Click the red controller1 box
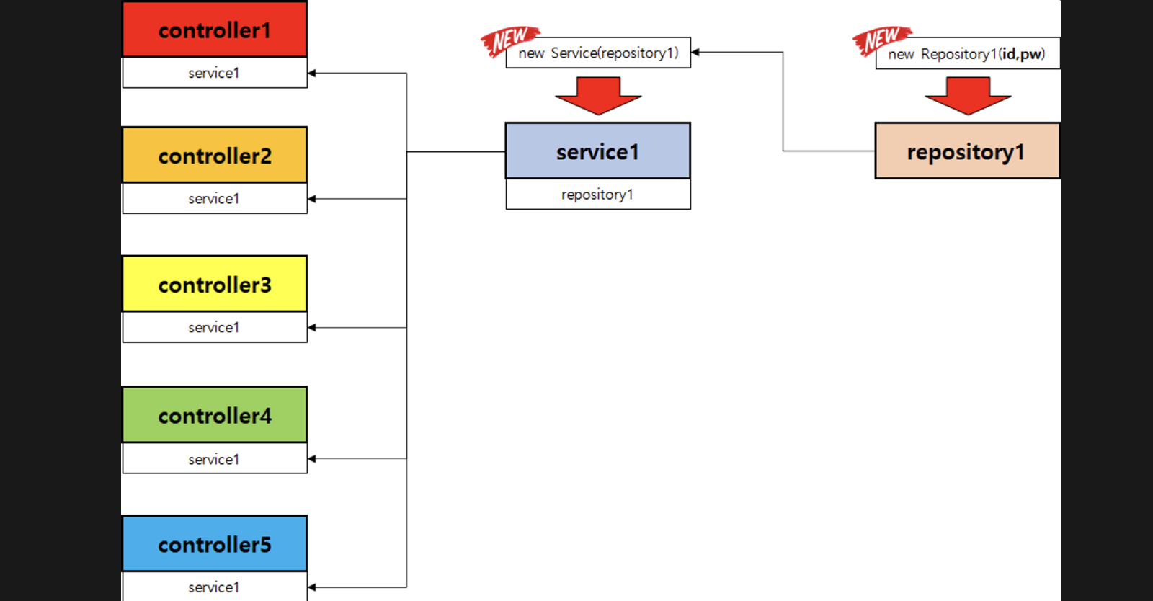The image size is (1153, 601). click(215, 30)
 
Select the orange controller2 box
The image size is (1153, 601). click(215, 155)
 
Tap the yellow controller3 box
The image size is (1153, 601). click(215, 284)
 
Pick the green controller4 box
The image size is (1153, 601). click(215, 415)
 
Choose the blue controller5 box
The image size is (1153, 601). click(215, 544)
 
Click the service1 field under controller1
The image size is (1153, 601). click(215, 73)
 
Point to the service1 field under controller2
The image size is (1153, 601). click(215, 198)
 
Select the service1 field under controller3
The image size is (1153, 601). click(215, 327)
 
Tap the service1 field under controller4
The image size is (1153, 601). click(215, 458)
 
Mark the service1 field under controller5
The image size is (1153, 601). click(215, 587)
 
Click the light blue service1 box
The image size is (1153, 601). click(598, 151)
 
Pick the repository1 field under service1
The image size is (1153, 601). click(598, 195)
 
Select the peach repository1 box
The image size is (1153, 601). click(967, 151)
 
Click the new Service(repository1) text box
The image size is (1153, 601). click(598, 53)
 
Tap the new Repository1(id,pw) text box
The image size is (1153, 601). click(967, 53)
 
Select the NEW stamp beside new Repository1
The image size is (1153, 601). click(880, 40)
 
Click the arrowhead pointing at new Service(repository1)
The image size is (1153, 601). click(695, 52)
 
